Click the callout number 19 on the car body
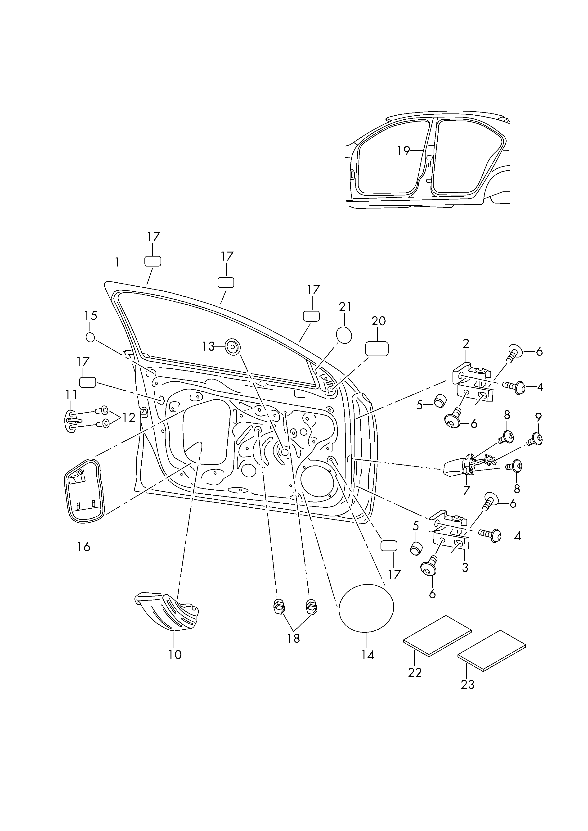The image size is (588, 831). click(403, 151)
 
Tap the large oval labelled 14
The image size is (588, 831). click(366, 608)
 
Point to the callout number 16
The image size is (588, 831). click(84, 546)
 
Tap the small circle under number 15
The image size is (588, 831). click(90, 337)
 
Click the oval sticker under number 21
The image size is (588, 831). click(344, 335)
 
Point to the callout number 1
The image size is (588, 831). click(117, 262)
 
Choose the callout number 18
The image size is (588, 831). click(294, 638)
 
